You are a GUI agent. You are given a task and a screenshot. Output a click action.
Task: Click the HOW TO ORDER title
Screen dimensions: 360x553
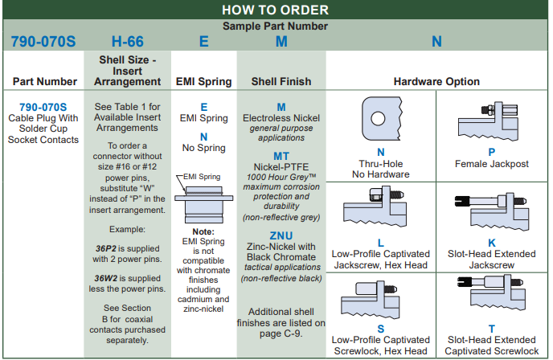click(x=276, y=10)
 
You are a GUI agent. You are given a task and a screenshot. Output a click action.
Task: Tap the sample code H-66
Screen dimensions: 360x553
click(x=127, y=41)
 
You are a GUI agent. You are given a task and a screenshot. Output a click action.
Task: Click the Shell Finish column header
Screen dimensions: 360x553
click(x=281, y=81)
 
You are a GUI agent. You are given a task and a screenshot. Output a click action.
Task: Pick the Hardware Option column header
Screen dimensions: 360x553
click(x=436, y=81)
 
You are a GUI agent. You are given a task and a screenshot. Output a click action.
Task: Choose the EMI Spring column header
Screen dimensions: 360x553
click(x=203, y=81)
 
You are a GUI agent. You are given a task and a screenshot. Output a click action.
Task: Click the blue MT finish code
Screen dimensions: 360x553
click(x=281, y=157)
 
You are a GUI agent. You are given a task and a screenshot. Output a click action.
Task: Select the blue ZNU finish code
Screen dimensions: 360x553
click(x=281, y=235)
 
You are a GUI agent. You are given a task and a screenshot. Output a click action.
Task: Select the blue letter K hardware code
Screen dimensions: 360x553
click(x=492, y=242)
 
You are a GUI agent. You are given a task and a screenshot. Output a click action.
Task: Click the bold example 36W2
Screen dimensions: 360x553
click(x=108, y=277)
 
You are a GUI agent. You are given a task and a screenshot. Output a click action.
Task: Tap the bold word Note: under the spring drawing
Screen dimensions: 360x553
click(x=203, y=232)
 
